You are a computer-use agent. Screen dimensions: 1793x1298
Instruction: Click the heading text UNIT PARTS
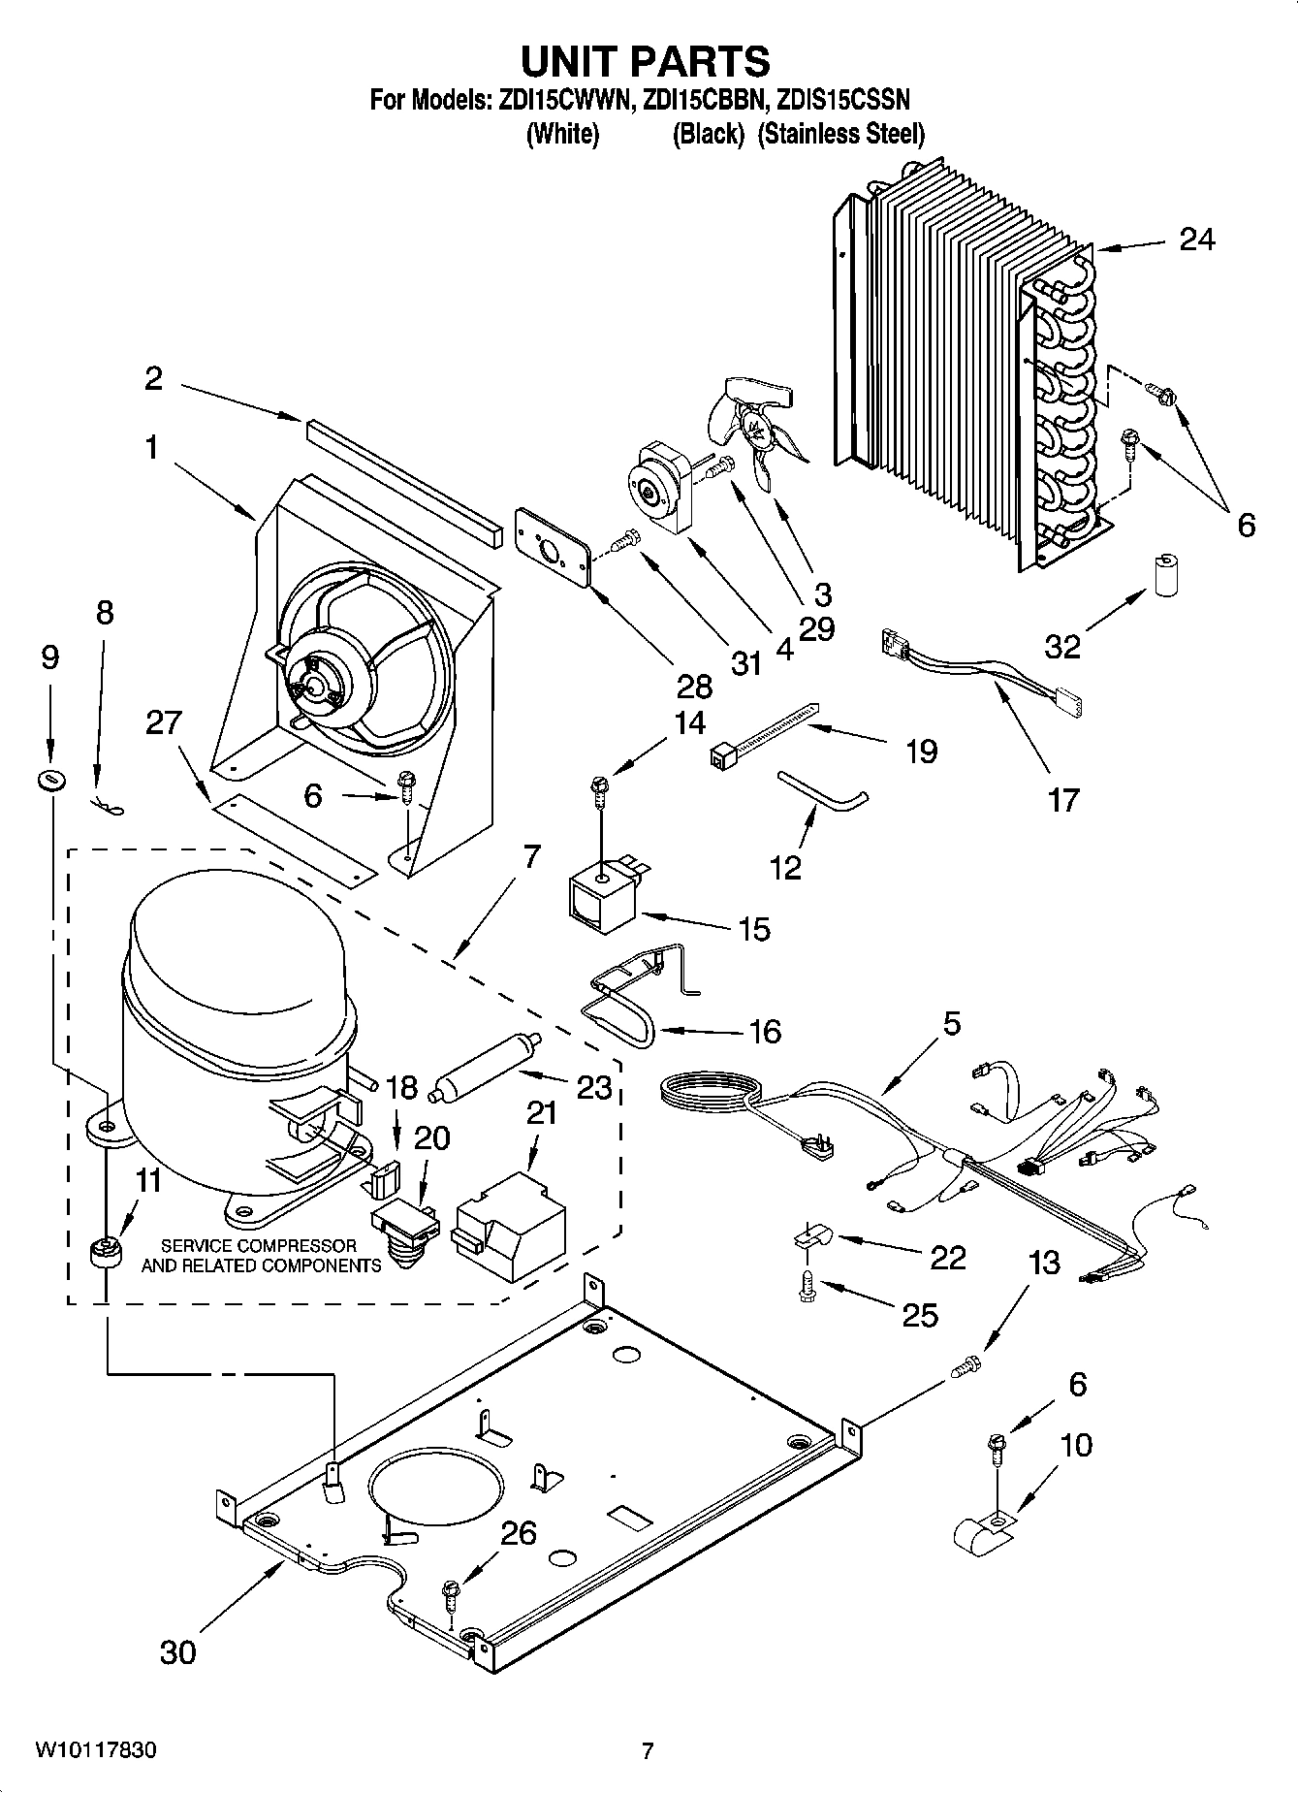click(646, 61)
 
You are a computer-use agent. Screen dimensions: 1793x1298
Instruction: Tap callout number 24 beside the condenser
click(1196, 239)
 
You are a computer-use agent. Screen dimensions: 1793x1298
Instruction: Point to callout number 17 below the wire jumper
click(1062, 800)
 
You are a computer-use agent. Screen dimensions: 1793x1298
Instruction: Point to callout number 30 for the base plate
click(177, 1650)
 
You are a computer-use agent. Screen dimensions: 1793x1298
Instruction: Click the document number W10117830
click(95, 1750)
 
